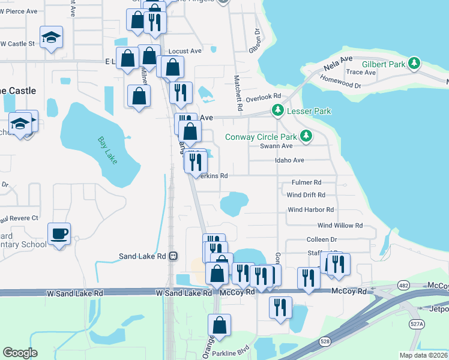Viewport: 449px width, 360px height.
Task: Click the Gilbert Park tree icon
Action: point(414,63)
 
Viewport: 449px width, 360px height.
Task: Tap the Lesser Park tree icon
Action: point(277,110)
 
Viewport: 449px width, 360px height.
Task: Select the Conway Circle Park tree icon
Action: point(306,136)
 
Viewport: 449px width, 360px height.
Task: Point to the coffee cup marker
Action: point(59,233)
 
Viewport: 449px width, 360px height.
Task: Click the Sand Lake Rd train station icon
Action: point(173,256)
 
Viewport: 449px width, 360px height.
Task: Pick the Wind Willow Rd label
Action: point(340,226)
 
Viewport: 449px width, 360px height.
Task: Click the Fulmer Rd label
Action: point(306,182)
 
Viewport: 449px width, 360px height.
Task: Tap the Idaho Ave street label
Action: point(289,160)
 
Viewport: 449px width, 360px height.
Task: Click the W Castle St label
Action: point(17,44)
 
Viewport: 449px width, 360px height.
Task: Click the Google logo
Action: point(20,353)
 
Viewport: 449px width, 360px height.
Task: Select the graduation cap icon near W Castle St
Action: point(52,37)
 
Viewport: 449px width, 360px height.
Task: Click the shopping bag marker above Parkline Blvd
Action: point(220,326)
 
